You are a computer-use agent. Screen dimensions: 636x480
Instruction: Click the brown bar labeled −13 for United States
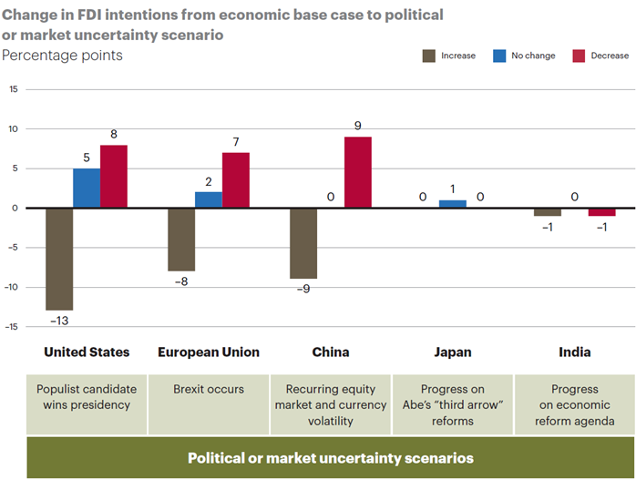click(59, 259)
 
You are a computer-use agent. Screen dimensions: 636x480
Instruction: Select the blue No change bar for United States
click(87, 189)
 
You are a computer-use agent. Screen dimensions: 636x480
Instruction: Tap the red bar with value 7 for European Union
click(236, 180)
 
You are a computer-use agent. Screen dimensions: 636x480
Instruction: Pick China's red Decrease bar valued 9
click(358, 172)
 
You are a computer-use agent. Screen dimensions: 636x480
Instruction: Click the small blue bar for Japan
click(453, 204)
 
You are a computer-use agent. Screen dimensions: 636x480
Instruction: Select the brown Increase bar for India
click(548, 212)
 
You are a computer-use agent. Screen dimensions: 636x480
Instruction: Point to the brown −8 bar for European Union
click(181, 240)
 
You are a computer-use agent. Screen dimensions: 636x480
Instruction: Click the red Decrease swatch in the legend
click(579, 56)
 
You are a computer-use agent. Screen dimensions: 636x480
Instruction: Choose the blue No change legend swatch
click(499, 56)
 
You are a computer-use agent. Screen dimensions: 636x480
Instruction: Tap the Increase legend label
click(458, 56)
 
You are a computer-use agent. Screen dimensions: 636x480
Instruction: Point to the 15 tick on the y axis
click(14, 89)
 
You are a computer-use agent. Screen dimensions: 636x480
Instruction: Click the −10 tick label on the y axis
click(11, 287)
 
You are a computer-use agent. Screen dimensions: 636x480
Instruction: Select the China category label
click(331, 352)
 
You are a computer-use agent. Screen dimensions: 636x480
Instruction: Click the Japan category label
click(453, 352)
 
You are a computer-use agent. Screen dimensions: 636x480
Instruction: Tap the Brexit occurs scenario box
click(209, 404)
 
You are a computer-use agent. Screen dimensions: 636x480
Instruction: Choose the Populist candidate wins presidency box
click(87, 404)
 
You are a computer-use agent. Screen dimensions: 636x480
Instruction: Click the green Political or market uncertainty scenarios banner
click(331, 458)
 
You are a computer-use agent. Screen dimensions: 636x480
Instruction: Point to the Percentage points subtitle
click(62, 56)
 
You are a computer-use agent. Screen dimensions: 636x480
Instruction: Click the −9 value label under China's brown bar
click(303, 289)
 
